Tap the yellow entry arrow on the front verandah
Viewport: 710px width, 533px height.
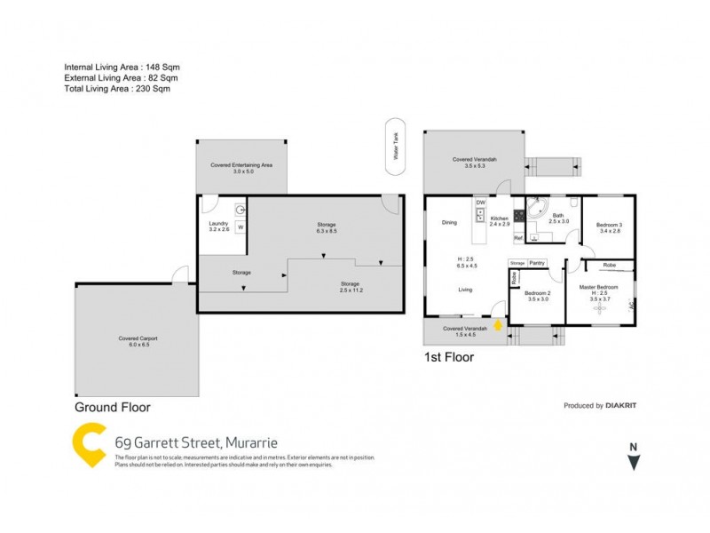(x=498, y=326)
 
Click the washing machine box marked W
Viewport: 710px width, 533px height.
(x=240, y=227)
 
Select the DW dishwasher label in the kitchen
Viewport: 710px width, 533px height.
(x=480, y=203)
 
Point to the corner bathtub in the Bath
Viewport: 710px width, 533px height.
(x=537, y=210)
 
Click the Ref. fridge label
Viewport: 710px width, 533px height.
(x=493, y=237)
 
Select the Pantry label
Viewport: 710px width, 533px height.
(x=537, y=263)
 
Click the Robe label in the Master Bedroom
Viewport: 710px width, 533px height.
(x=610, y=265)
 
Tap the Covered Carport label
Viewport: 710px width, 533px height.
(x=135, y=341)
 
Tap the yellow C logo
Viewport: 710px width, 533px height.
(x=90, y=445)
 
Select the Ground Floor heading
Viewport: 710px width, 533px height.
(x=113, y=408)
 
